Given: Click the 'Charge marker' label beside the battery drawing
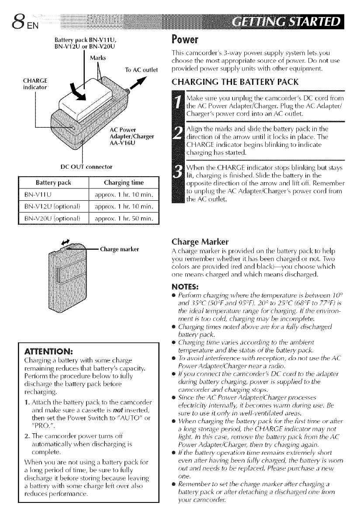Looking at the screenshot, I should tap(120, 250).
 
